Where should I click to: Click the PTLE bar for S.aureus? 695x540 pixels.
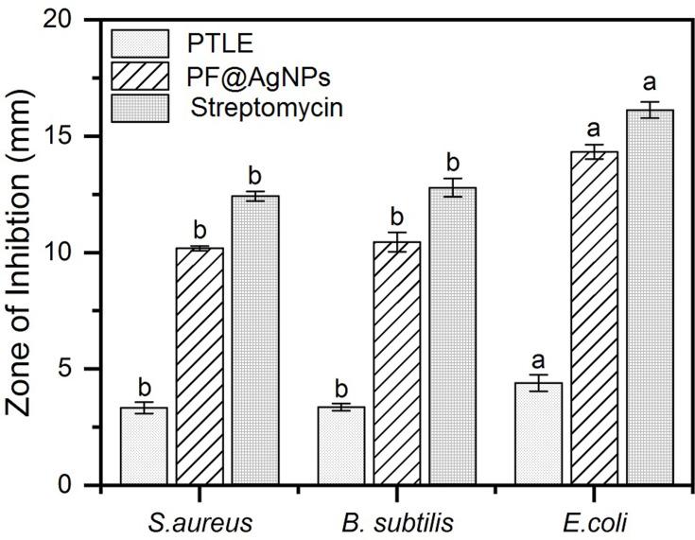pyautogui.click(x=144, y=445)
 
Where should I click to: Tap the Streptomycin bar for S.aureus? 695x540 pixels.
pyautogui.click(x=253, y=340)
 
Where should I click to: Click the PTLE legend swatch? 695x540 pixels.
pyautogui.click(x=140, y=44)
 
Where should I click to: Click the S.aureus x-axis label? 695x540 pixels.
pyautogui.click(x=200, y=521)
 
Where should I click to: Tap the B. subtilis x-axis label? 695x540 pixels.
pyautogui.click(x=396, y=521)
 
